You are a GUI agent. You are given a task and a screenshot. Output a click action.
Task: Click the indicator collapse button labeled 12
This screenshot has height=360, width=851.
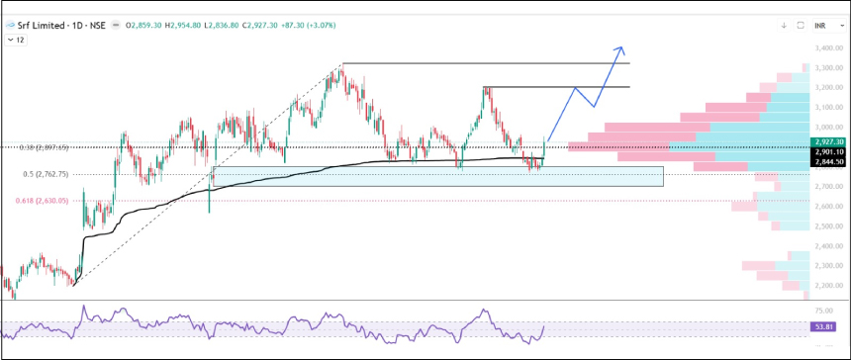[17, 40]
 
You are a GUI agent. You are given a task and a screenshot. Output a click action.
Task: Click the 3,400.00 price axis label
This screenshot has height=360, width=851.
[828, 47]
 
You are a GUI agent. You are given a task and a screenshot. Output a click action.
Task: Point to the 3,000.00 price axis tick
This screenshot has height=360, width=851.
[828, 127]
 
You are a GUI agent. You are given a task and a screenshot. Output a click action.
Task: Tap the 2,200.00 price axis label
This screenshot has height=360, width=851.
[828, 286]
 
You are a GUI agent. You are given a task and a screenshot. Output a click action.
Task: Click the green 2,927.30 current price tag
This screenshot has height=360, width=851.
[826, 141]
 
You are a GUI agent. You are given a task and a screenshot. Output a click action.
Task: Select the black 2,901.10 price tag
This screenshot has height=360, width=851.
[826, 151]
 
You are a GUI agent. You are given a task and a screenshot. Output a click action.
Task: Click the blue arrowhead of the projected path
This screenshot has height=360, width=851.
[619, 47]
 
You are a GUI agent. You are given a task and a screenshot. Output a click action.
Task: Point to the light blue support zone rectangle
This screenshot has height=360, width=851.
[435, 176]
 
